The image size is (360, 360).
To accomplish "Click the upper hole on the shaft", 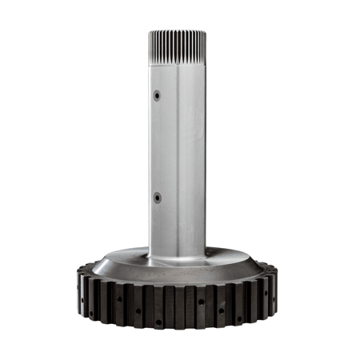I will click(x=157, y=94).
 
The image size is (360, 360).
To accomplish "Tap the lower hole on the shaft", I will click(x=157, y=197).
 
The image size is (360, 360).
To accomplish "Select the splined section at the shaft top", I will click(x=178, y=47).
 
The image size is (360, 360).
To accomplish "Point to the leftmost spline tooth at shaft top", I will click(x=150, y=48).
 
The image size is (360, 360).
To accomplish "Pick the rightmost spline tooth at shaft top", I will click(x=206, y=48).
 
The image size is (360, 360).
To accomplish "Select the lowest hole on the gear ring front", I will click(x=158, y=323).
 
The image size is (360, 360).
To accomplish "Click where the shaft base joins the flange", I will click(x=178, y=258).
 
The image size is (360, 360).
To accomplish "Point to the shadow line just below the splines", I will click(x=178, y=65).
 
